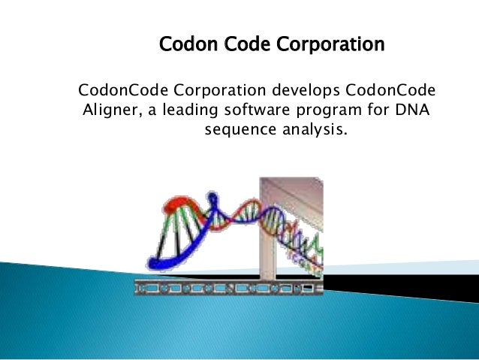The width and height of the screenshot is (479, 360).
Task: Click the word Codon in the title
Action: (183, 46)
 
